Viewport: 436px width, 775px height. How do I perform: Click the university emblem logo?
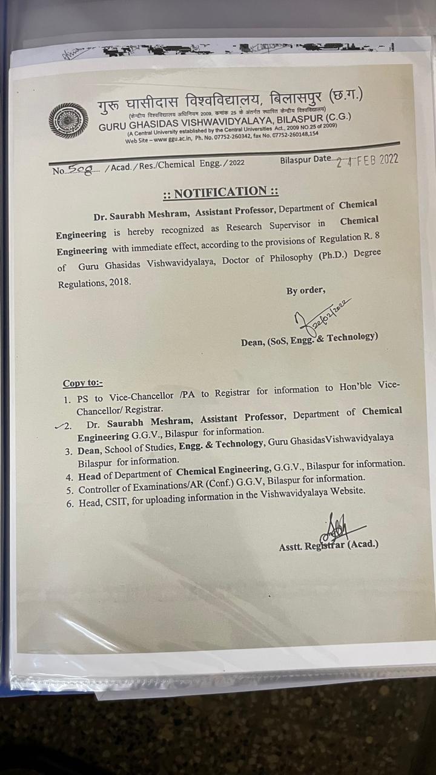click(x=68, y=121)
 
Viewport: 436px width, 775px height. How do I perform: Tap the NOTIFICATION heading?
click(x=221, y=193)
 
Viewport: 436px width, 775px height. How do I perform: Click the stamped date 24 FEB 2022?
click(x=368, y=160)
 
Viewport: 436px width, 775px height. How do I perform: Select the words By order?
click(x=306, y=291)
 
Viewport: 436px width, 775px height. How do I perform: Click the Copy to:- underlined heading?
click(x=83, y=383)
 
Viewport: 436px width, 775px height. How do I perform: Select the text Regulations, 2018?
click(x=94, y=283)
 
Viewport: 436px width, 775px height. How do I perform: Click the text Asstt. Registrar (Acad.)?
click(x=329, y=545)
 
